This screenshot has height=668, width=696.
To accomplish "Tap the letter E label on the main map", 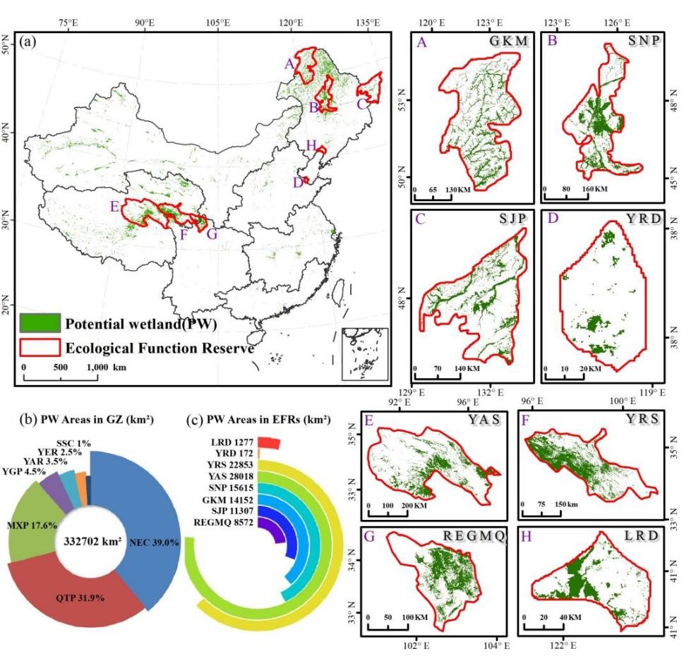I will (114, 207).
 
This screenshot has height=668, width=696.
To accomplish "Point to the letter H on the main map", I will (310, 145).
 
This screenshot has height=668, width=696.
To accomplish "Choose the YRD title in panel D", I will (643, 219).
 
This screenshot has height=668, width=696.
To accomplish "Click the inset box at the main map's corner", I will (365, 353).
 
